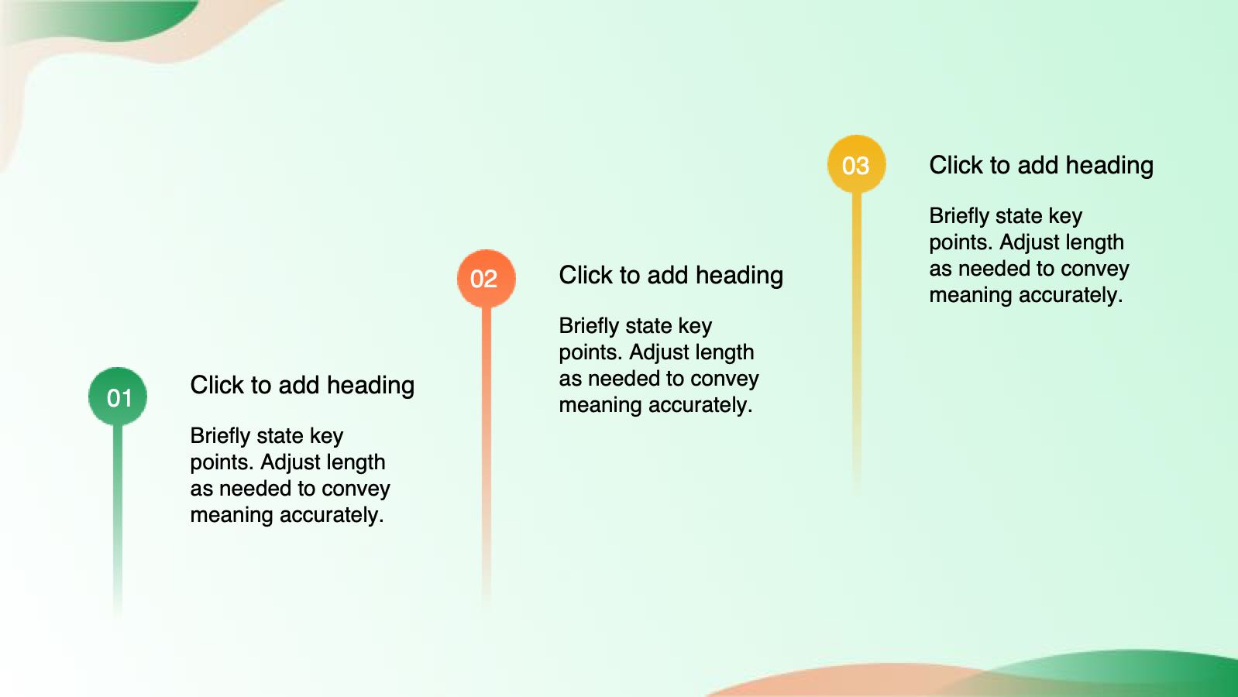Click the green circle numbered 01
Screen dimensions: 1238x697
(118, 396)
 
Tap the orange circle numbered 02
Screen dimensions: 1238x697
(487, 278)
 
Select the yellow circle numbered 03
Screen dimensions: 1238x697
(857, 164)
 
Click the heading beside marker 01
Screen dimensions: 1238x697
(302, 385)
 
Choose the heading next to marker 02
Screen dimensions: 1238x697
(671, 275)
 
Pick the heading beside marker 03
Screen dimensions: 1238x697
(1041, 165)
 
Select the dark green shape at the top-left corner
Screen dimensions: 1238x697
(105, 19)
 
